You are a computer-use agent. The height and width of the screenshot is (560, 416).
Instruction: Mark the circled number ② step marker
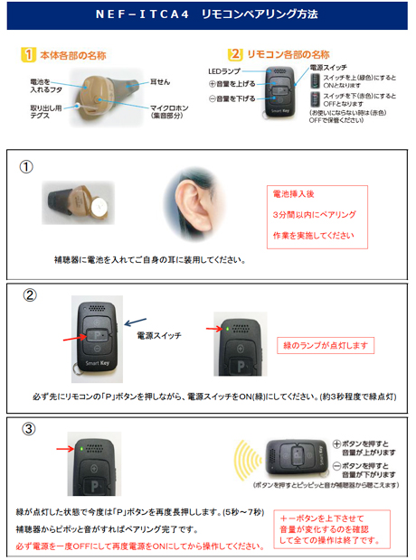[28, 295]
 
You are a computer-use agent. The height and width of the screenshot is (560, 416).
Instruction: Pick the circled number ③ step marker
[27, 429]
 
